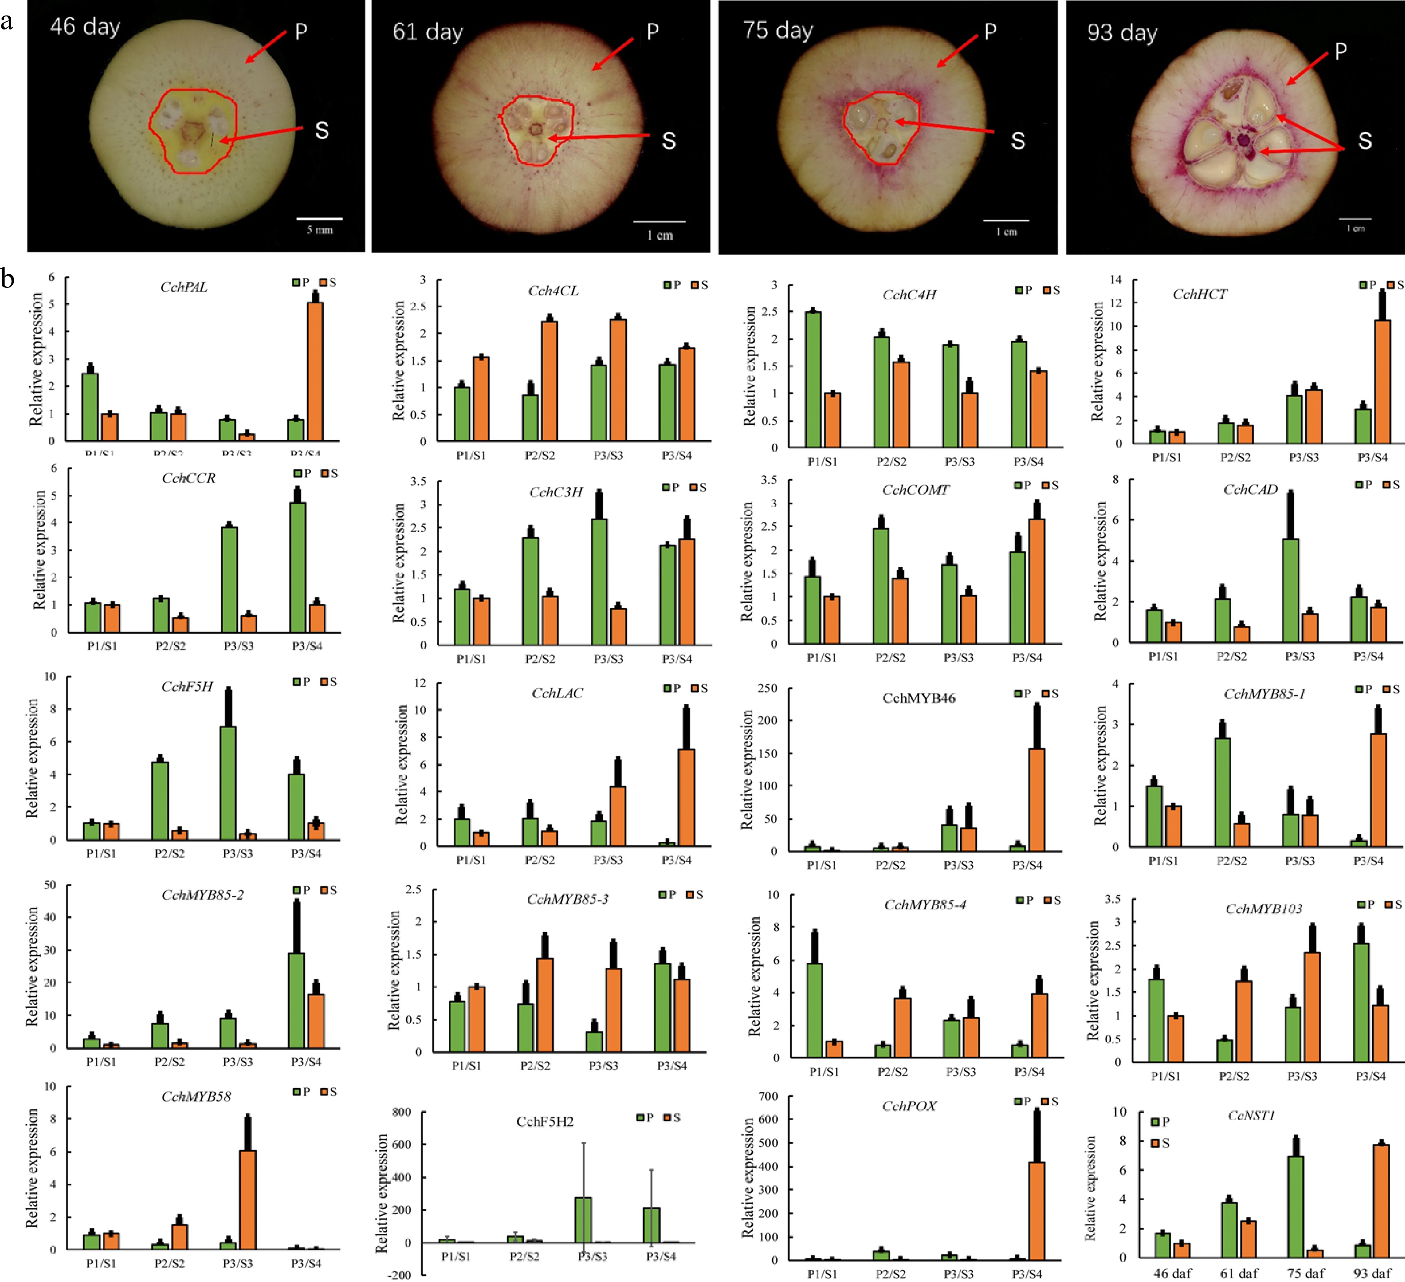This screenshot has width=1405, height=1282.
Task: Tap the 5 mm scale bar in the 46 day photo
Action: tap(319, 219)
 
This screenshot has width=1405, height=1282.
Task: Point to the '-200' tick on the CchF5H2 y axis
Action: tap(400, 1275)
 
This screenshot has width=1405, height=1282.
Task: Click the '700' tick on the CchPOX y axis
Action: tap(768, 1096)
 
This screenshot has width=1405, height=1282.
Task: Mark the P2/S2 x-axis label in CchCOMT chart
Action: tap(890, 658)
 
